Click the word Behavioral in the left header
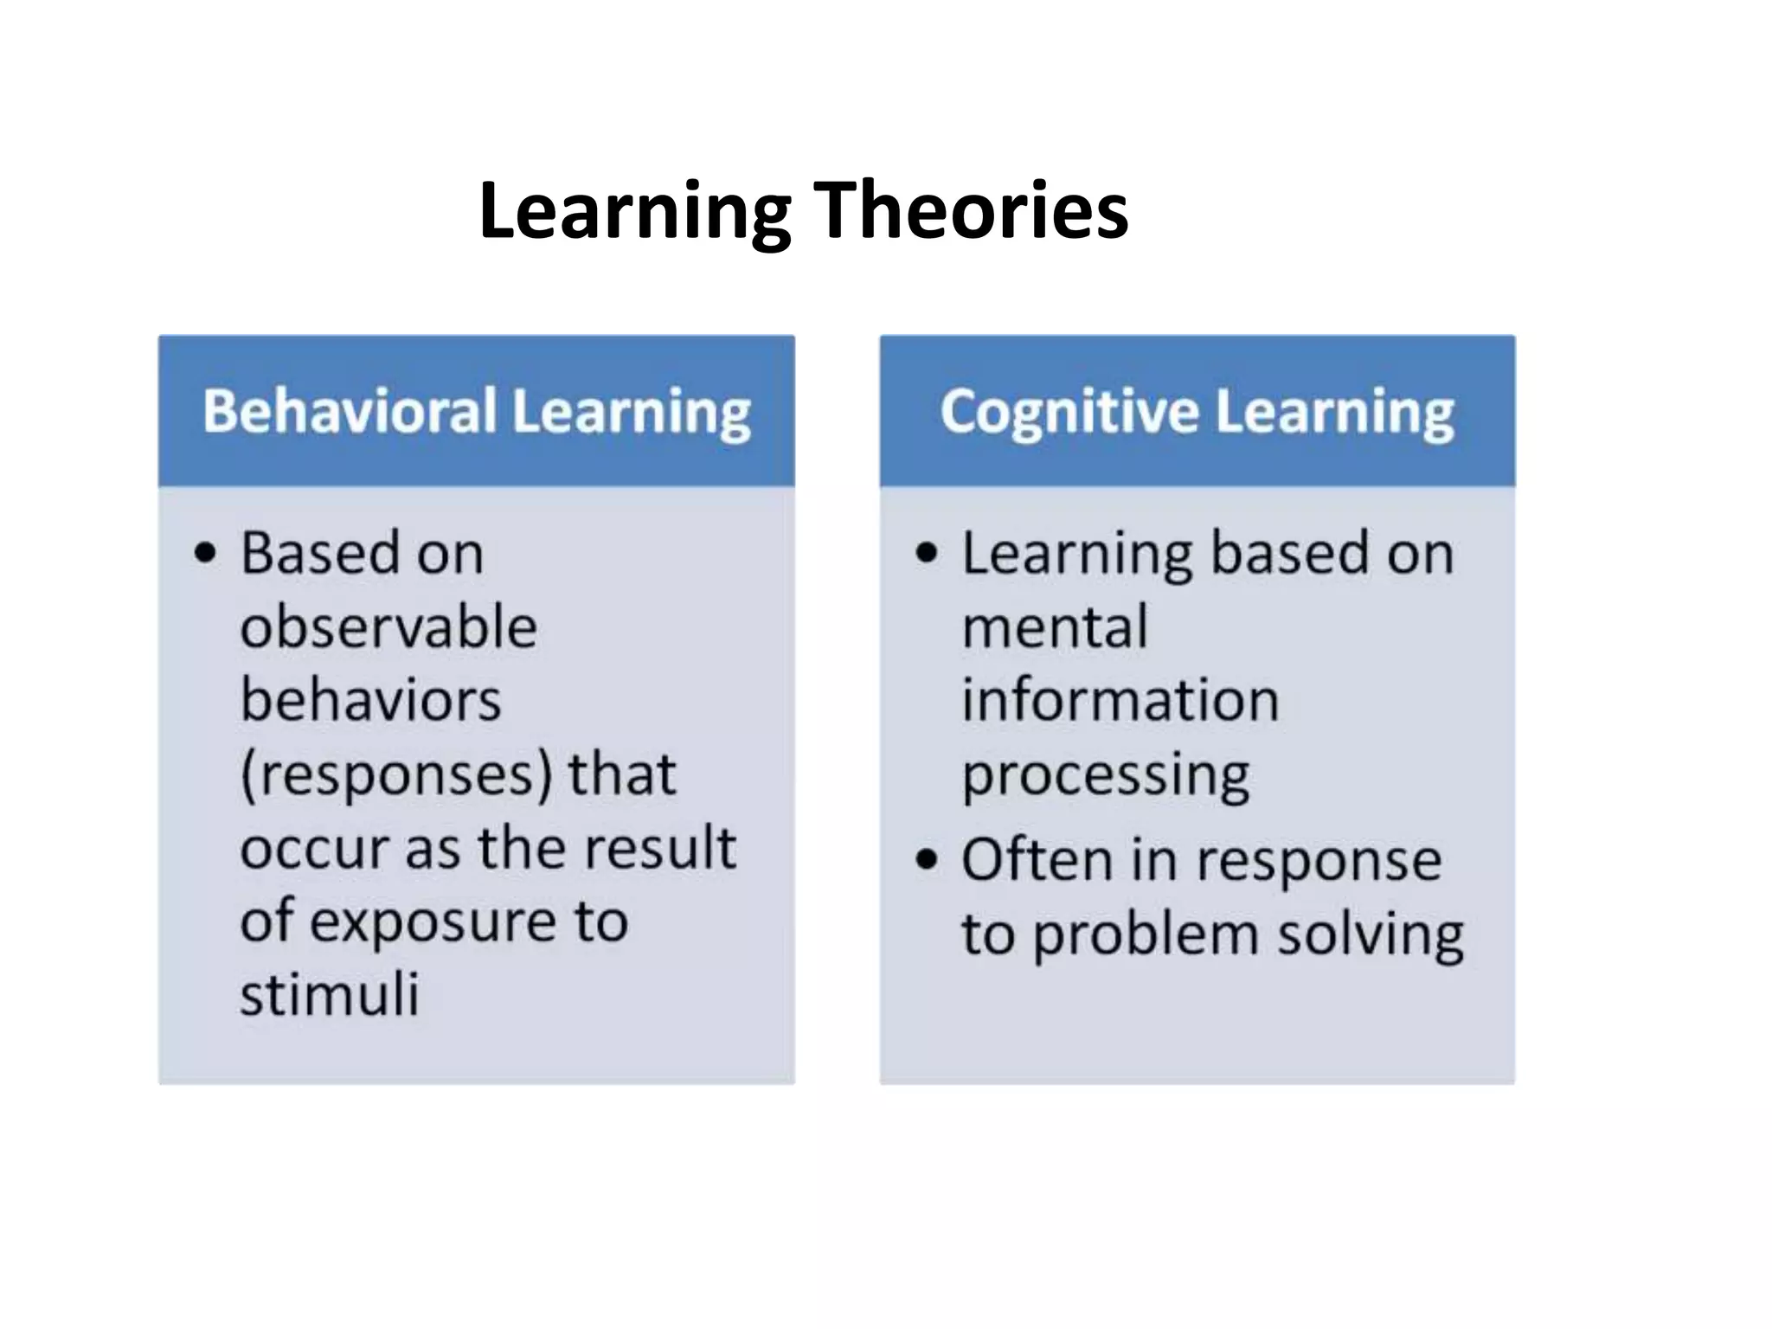point(350,411)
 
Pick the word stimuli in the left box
point(330,994)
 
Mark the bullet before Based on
point(205,553)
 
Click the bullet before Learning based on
point(926,553)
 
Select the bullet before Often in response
point(926,859)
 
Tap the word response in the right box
point(1319,862)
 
